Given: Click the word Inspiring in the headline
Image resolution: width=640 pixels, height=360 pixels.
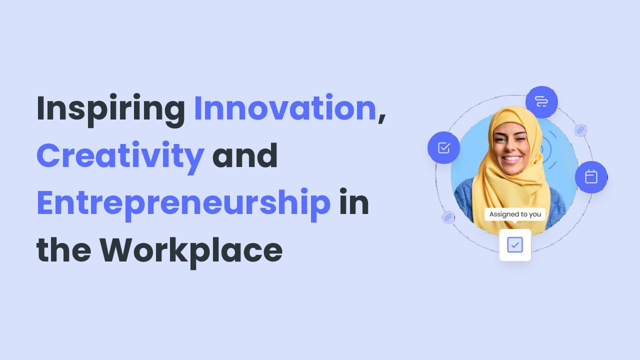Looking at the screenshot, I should coord(110,109).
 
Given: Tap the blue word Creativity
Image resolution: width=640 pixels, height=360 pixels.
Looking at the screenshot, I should coord(120,155).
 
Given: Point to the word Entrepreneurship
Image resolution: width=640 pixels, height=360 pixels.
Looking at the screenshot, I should coord(183,203).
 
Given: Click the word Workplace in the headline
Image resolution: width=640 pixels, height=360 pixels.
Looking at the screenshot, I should coord(191,250).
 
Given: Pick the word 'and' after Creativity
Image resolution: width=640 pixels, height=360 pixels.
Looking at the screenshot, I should coord(245,155).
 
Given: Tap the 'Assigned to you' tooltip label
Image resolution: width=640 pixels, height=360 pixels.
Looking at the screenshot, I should coord(515,214).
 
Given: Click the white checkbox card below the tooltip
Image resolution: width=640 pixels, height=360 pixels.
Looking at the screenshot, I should coord(515,245).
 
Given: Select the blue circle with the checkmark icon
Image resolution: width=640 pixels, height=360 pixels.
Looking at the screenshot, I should coord(443,148).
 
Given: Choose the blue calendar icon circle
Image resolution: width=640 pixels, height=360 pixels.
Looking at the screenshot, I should coord(591,177).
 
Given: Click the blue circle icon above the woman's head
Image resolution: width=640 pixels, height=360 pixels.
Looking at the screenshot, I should coord(541,102).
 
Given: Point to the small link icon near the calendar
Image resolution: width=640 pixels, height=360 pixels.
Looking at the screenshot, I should coord(580,130).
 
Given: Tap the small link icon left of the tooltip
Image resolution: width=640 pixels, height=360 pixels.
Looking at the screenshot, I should coord(447,217).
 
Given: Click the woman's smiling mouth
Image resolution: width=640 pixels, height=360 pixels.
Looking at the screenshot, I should coord(511,159).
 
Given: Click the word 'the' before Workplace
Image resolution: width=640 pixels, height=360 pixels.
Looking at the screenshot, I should coord(63,250).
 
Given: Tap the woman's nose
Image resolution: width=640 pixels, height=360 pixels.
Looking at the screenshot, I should coord(509,146).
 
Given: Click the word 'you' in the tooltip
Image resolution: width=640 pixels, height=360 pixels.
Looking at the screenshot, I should coord(535,214).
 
